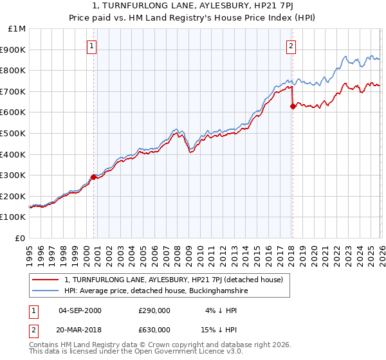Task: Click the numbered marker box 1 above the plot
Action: click(92, 46)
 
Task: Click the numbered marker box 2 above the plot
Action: click(291, 46)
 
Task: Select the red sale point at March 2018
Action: click(293, 106)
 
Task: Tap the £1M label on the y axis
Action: click(17, 29)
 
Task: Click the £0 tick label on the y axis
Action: click(21, 238)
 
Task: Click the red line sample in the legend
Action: click(45, 280)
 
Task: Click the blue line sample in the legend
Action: click(45, 291)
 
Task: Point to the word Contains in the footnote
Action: click(44, 345)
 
